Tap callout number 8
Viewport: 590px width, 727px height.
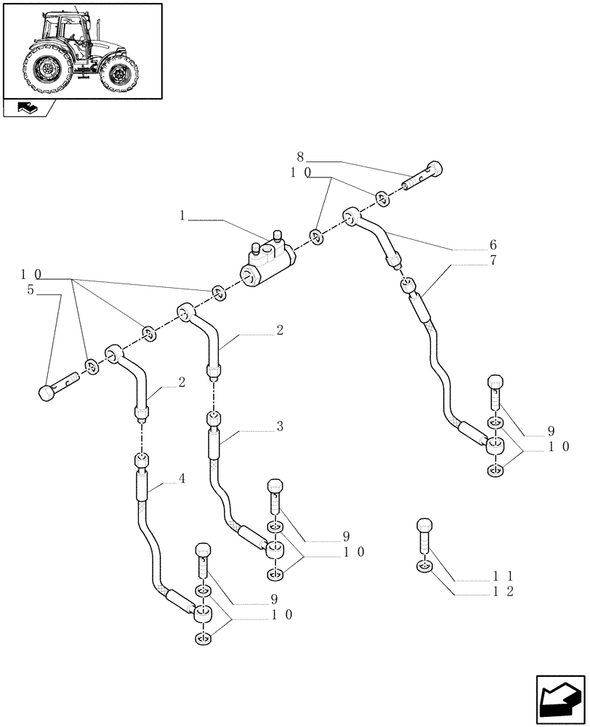tap(300, 156)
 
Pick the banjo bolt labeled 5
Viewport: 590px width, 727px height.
tap(57, 386)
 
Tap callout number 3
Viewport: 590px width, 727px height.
tap(279, 426)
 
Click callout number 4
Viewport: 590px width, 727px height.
tap(181, 479)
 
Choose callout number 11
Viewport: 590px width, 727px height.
tap(503, 577)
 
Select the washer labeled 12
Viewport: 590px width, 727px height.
tap(425, 567)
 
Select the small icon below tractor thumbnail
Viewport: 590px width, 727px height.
tap(28, 109)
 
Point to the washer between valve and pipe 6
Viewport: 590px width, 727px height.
tap(317, 236)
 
